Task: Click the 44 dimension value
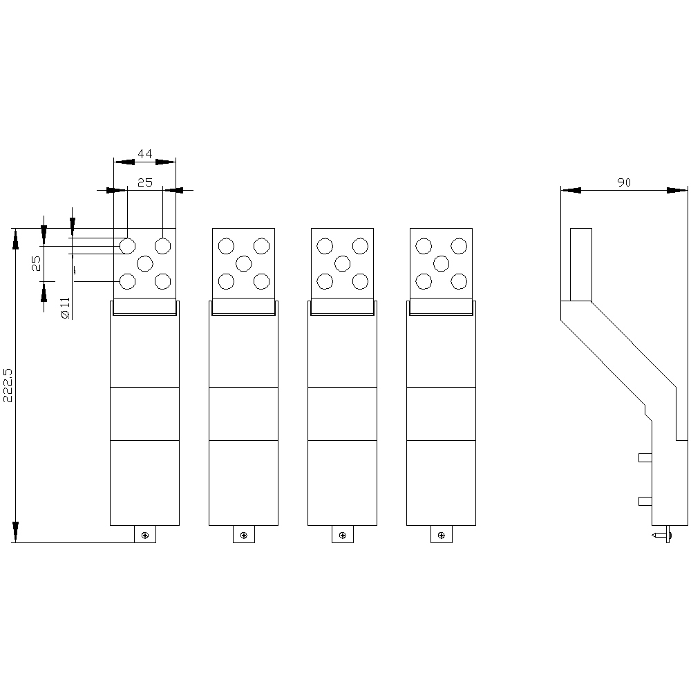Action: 144,154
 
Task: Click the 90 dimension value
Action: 623,182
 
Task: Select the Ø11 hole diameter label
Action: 65,307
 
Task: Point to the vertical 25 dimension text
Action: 36,263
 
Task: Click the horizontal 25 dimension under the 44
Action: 144,182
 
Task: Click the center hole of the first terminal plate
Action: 145,264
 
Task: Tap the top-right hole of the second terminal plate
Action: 261,246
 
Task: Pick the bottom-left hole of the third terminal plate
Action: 325,281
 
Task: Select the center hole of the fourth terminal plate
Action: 441,264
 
